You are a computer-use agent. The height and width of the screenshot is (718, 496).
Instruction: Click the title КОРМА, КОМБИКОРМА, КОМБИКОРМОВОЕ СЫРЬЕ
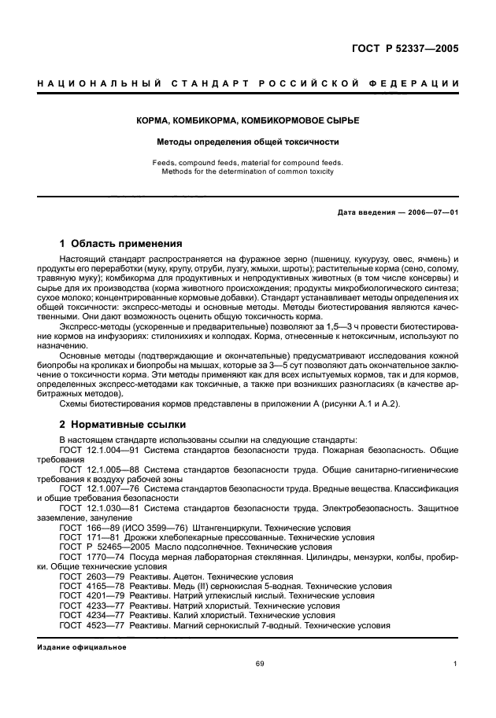coord(247,120)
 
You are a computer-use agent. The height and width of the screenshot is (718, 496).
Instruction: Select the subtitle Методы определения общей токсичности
coord(247,142)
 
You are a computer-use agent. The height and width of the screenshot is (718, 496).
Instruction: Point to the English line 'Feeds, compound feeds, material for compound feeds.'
coord(247,163)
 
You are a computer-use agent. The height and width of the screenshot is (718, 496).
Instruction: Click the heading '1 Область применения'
coord(121,244)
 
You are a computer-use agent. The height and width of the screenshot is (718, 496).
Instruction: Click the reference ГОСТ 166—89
coord(88,528)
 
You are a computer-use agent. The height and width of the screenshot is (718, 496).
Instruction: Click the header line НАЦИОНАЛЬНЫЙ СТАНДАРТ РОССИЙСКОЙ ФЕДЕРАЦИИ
coord(247,83)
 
